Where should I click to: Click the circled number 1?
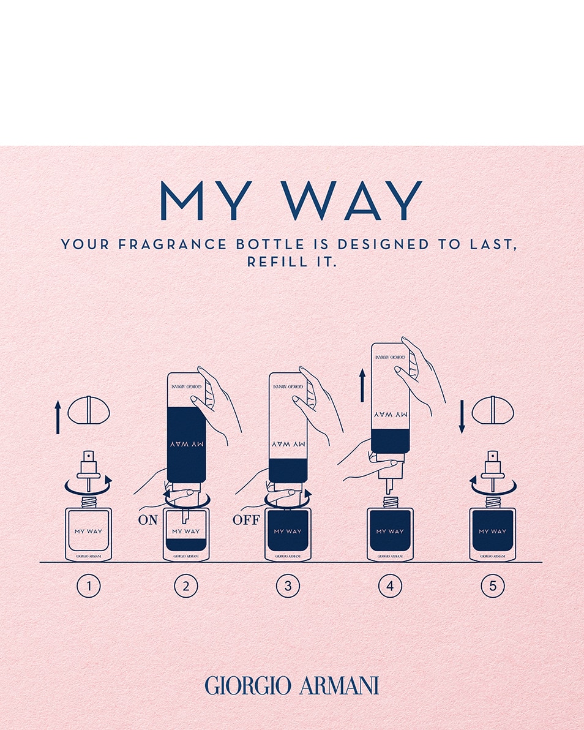click(x=88, y=586)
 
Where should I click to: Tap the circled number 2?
click(x=185, y=586)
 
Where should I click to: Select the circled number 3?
click(x=288, y=586)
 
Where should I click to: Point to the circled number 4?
click(x=390, y=586)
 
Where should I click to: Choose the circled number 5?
click(x=492, y=586)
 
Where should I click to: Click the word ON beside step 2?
click(x=148, y=521)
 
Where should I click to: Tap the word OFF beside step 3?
click(x=247, y=521)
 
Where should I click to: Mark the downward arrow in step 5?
click(x=462, y=416)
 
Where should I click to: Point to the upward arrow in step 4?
click(x=362, y=385)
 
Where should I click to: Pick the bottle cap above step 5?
click(x=493, y=410)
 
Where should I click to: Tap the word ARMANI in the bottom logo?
click(x=339, y=685)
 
